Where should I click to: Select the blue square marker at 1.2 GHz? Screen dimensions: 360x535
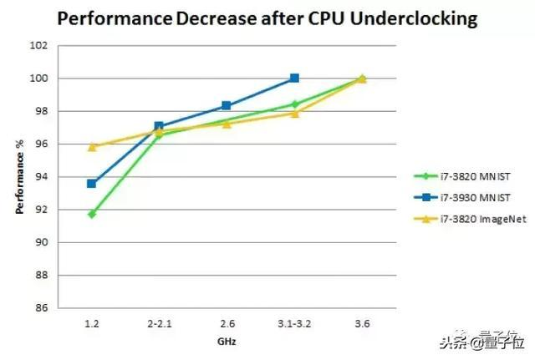pos(91,184)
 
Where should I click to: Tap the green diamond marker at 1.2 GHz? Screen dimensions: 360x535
pos(91,214)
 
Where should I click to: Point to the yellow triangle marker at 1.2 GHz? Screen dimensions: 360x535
pos(91,146)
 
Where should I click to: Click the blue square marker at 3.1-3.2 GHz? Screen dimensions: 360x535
pos(294,78)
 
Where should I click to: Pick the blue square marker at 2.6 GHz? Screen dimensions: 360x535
pos(227,105)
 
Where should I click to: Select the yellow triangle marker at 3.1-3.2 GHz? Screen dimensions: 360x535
pos(294,113)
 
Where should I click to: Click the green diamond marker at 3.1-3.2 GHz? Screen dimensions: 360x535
pos(294,104)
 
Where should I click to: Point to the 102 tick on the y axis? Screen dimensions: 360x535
pos(41,45)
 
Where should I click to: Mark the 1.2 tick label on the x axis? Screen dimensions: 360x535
pos(91,321)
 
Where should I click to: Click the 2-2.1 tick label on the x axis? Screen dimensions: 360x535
pos(159,321)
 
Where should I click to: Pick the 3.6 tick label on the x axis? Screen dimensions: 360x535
pos(362,321)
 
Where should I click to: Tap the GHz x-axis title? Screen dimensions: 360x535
pos(227,342)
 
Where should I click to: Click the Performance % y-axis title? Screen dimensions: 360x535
pos(20,177)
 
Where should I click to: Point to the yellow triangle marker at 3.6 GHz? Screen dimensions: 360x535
pos(362,79)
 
